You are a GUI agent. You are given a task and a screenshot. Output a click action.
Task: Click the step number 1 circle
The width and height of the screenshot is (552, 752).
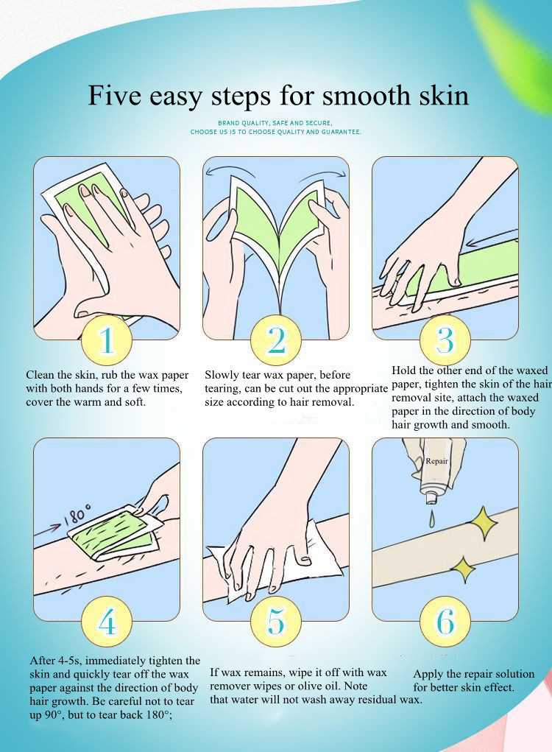(x=107, y=340)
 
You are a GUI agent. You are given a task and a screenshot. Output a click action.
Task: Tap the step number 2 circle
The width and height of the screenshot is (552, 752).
(x=276, y=340)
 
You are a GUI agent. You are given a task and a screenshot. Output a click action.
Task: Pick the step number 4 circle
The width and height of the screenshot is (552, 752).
(x=107, y=622)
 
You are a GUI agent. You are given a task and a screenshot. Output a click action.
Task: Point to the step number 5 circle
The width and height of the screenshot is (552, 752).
(x=276, y=622)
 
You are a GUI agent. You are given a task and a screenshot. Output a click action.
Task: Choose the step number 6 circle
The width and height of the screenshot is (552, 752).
(x=445, y=622)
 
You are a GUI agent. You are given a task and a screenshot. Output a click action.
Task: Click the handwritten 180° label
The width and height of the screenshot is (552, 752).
(x=77, y=513)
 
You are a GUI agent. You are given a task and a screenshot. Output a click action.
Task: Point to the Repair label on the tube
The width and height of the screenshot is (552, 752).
(x=437, y=461)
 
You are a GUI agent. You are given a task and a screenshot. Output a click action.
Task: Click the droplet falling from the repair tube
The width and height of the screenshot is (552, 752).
(x=432, y=519)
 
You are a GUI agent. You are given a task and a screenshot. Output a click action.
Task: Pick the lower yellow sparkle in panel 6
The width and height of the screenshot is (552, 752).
(x=462, y=569)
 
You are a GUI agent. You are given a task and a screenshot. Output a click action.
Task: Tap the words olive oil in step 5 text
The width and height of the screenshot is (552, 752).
(x=312, y=686)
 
